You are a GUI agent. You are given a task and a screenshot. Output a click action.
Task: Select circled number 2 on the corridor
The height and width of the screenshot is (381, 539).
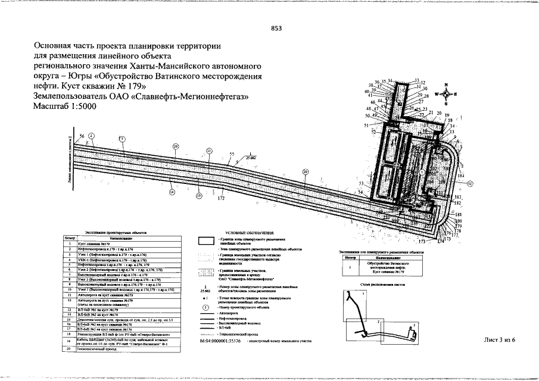coord(91,136)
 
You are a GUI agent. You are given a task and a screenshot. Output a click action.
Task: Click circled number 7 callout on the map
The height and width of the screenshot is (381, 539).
coord(122,139)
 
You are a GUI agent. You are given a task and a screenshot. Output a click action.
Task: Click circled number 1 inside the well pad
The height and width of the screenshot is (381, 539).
coord(422,171)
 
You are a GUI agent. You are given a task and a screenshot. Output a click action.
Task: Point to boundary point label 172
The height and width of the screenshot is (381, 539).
coord(221,198)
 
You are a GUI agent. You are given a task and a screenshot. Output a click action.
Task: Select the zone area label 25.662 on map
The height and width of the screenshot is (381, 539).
coord(251,159)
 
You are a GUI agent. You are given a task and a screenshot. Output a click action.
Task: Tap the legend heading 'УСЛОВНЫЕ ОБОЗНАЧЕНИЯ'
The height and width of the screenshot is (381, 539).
coord(249,232)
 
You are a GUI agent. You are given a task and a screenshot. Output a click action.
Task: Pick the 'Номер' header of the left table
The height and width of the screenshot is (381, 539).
coord(70,238)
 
